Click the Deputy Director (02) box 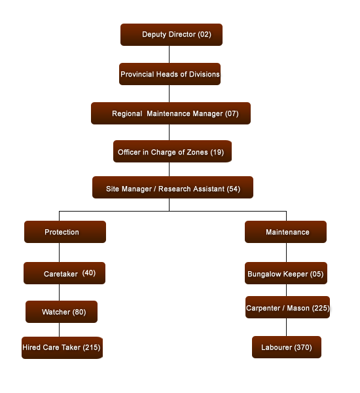[171, 35]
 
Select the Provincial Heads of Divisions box [170, 74]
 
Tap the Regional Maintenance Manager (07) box [171, 113]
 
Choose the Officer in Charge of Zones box [172, 151]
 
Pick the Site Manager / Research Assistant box [173, 187]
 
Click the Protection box [65, 232]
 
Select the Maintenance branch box [285, 232]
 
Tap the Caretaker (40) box [64, 273]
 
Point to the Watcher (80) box [62, 312]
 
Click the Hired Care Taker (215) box [62, 348]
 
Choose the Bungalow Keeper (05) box [286, 273]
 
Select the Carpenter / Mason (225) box [287, 307]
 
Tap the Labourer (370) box [287, 347]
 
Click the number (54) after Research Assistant [234, 189]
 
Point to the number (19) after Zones [217, 152]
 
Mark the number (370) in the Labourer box [303, 347]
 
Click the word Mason [298, 308]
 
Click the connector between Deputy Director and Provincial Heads [169, 54]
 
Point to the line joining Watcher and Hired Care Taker [60, 330]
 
